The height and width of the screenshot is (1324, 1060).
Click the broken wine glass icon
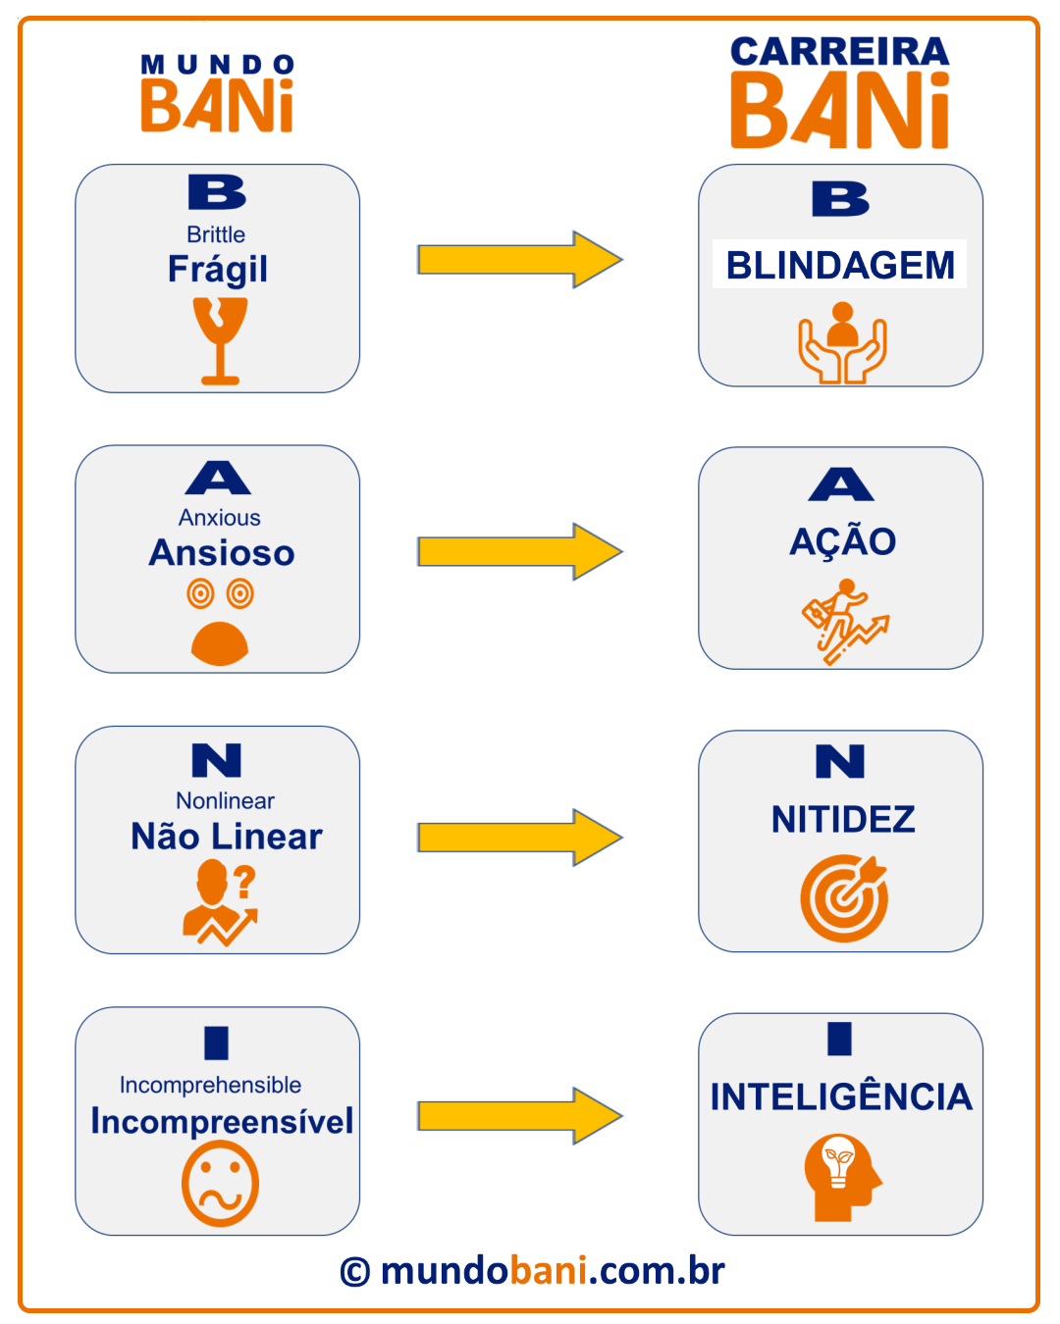tap(220, 339)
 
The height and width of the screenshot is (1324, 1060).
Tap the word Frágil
tap(217, 269)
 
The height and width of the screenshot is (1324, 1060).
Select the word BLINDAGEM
tap(840, 265)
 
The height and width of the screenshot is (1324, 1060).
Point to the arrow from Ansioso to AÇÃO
tap(519, 551)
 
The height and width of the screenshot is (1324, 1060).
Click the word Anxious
tap(220, 518)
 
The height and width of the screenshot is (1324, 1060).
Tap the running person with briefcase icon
tap(844, 621)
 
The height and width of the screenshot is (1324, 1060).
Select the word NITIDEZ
tap(843, 819)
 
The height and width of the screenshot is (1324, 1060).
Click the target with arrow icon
tap(844, 897)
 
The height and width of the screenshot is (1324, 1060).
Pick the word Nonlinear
tap(225, 800)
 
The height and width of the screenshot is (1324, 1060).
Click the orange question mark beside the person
tap(244, 882)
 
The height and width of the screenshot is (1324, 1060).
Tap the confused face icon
tap(220, 1187)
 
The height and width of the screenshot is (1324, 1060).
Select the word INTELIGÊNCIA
tap(841, 1096)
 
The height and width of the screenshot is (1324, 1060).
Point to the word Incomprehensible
tap(210, 1085)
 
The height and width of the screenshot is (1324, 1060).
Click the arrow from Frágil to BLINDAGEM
tap(519, 260)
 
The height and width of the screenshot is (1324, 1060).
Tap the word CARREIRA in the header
tap(839, 51)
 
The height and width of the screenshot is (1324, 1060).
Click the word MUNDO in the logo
tap(218, 65)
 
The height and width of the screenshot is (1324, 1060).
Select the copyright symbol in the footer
tap(355, 1272)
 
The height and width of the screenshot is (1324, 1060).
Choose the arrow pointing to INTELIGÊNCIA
tap(519, 1115)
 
